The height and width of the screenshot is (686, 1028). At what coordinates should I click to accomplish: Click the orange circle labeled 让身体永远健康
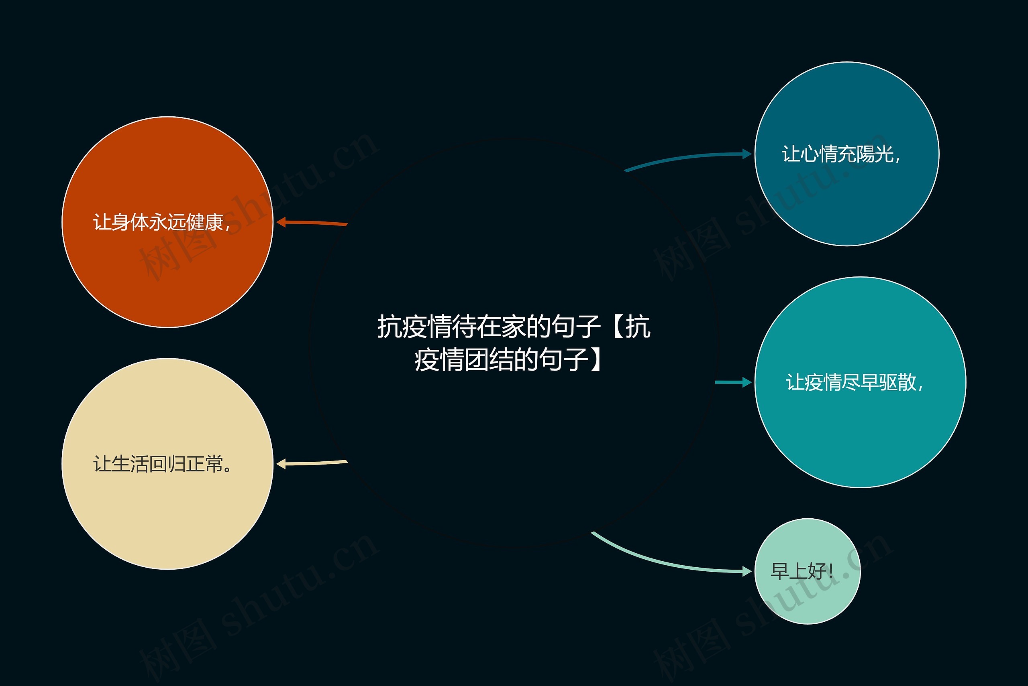(167, 271)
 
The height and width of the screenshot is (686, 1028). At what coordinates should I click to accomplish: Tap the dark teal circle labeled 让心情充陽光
(846, 197)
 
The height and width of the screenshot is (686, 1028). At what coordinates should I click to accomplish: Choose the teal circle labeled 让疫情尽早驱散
(860, 429)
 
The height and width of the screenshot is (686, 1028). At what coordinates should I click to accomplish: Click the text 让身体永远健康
(161, 222)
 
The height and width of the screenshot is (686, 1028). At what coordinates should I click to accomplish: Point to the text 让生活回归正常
(163, 464)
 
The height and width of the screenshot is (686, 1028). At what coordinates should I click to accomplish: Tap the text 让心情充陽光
(840, 154)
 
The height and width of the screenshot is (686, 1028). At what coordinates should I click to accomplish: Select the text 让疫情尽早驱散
(855, 382)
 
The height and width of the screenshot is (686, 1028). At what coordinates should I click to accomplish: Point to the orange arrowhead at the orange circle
(281, 222)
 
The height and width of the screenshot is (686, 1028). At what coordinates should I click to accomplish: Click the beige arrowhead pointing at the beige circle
(281, 464)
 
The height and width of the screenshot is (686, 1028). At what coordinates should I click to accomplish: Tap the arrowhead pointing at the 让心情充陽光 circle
(747, 154)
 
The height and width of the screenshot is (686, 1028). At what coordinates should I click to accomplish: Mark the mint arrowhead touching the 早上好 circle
(747, 571)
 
